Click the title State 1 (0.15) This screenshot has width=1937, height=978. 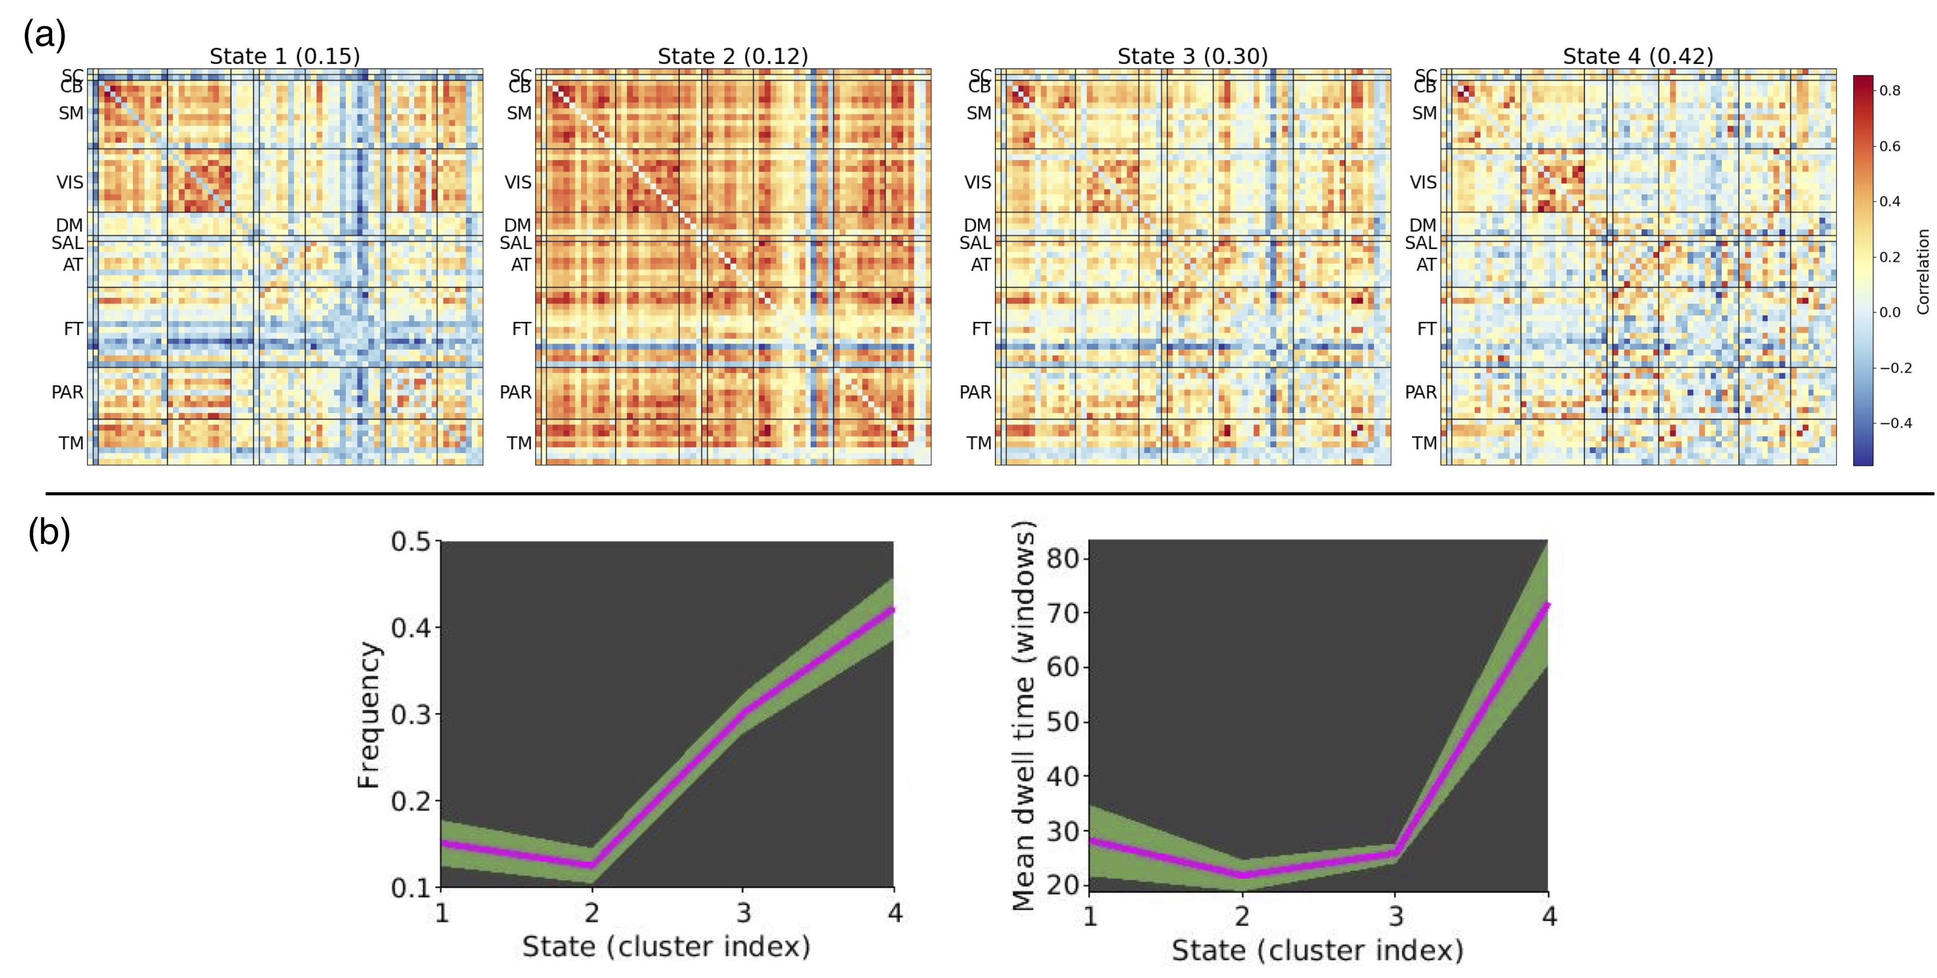[284, 57]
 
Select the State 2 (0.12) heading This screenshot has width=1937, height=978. [732, 57]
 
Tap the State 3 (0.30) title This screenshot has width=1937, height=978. [1192, 57]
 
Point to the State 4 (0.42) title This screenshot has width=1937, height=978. [1638, 57]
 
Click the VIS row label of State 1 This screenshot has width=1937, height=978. [70, 183]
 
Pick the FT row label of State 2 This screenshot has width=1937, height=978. [521, 328]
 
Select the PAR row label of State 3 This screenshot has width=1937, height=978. [975, 392]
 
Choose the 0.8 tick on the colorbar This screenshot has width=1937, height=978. [1890, 91]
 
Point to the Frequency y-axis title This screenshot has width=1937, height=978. [368, 714]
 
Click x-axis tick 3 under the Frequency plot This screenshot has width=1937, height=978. [743, 914]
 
